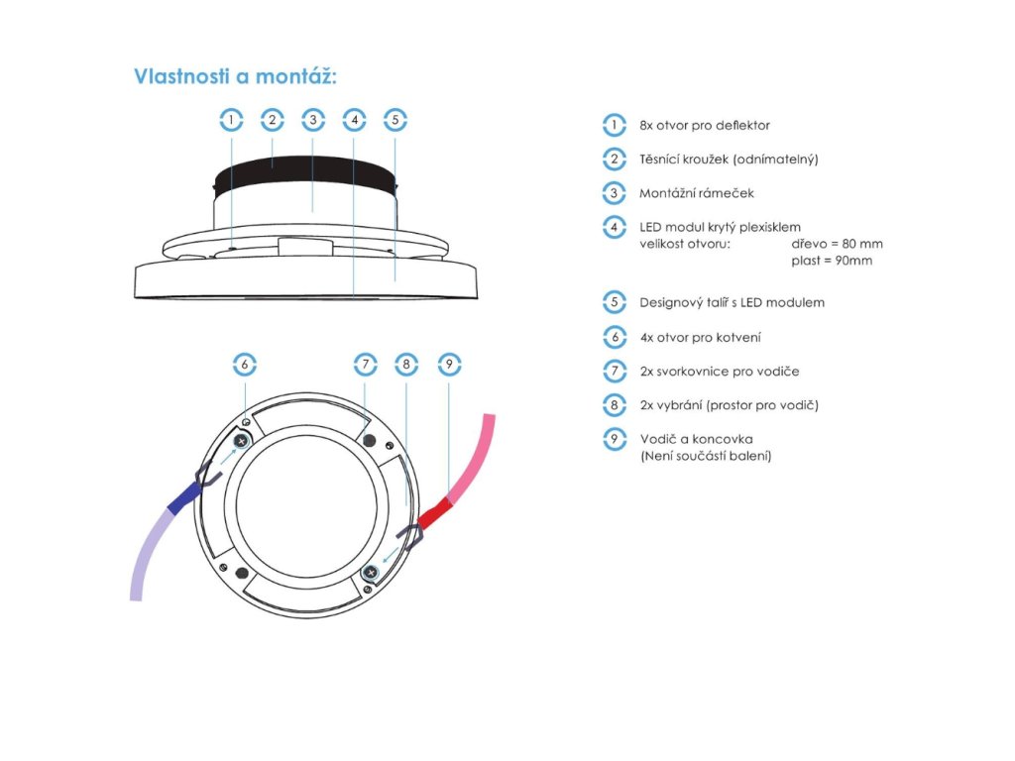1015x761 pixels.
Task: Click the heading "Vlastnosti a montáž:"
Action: [235, 76]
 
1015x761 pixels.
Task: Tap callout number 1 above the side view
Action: [231, 120]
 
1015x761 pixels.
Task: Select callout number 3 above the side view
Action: [313, 120]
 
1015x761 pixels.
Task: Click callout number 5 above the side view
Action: [395, 120]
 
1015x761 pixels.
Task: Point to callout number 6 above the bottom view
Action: [245, 365]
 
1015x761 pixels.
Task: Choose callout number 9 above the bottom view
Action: [449, 365]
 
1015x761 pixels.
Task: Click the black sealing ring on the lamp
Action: [304, 172]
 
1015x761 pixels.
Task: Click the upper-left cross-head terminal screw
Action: [242, 441]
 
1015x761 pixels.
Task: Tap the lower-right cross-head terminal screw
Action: [371, 573]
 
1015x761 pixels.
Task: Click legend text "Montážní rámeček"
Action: [697, 193]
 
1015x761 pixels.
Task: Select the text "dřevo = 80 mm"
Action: [837, 244]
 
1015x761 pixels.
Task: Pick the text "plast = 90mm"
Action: [832, 261]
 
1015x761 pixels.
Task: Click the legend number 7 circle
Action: [615, 372]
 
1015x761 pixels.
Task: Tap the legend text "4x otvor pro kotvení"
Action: [701, 337]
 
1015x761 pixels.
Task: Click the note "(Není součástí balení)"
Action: [706, 456]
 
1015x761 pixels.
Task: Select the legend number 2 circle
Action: [615, 160]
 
